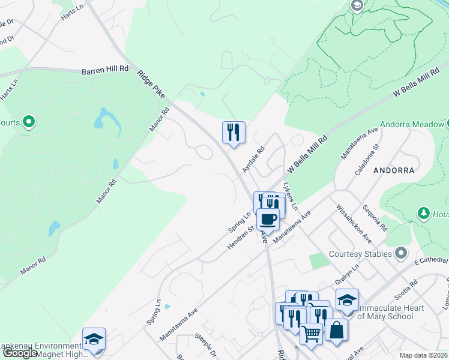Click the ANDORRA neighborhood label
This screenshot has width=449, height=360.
394,170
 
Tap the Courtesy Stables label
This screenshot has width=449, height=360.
360,254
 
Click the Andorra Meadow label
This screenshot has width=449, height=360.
411,125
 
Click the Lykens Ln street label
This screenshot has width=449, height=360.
291,196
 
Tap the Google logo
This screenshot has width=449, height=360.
20,353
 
